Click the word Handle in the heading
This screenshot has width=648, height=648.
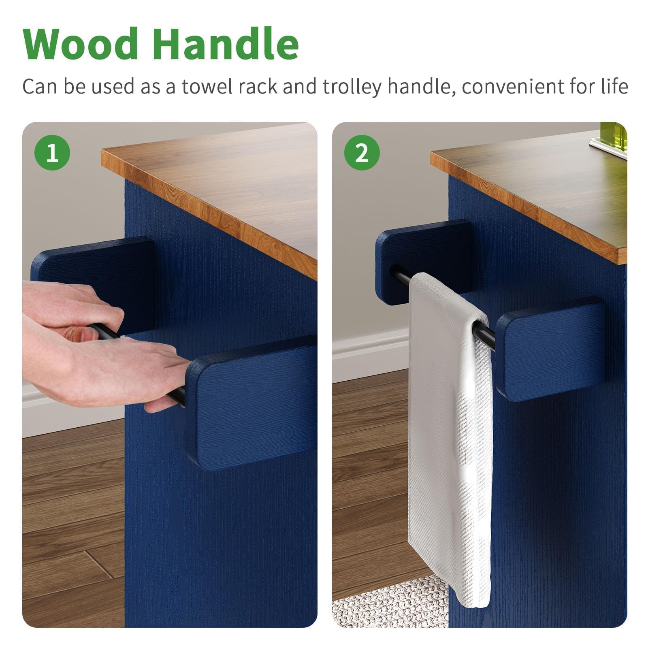[226, 43]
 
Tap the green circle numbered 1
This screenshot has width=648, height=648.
[52, 153]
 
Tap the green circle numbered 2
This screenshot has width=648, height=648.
[362, 153]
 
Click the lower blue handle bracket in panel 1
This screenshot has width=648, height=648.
[251, 403]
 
